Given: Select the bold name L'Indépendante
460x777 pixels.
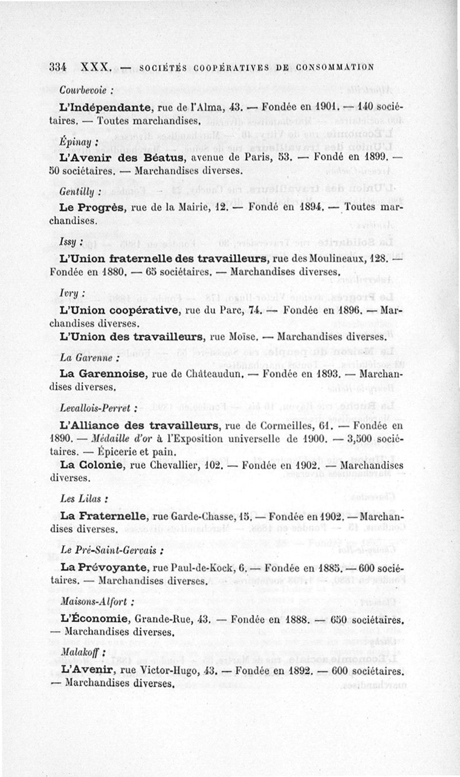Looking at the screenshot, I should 105,106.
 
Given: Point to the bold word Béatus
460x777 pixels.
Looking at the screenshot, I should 163,156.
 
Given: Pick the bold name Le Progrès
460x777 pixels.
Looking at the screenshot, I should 94,206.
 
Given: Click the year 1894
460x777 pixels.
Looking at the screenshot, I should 305,206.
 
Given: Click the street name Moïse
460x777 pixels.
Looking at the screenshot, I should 241,335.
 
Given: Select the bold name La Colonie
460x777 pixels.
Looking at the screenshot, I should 92,465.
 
